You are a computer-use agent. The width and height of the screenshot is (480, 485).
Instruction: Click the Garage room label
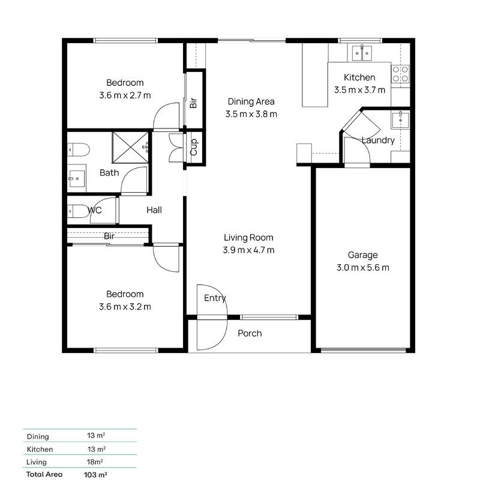click(x=362, y=255)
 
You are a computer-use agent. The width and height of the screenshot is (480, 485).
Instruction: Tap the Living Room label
click(x=250, y=237)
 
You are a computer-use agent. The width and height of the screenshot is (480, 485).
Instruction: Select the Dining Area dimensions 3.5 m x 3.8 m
click(x=251, y=114)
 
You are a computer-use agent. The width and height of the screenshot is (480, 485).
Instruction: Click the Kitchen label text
click(x=359, y=77)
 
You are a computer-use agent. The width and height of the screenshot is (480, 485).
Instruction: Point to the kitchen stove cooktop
click(x=400, y=74)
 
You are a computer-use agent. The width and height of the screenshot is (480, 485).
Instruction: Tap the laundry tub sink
click(x=400, y=120)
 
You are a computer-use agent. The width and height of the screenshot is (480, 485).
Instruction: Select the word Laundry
click(x=378, y=140)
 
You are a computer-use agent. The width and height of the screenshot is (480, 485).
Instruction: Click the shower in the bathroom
click(x=131, y=145)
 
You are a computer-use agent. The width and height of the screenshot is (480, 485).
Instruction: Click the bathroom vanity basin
click(x=76, y=177)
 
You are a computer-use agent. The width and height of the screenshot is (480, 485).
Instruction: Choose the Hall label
click(x=154, y=210)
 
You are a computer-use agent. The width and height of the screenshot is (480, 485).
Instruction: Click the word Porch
click(x=250, y=333)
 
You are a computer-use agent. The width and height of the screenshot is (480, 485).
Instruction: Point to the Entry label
click(x=215, y=298)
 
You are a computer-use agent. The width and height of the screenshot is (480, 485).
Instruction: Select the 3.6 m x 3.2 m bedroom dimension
click(x=125, y=307)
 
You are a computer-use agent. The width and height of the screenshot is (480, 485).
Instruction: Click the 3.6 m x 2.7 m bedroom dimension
click(x=125, y=95)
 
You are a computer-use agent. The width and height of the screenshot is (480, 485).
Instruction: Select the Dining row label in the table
click(x=38, y=436)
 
